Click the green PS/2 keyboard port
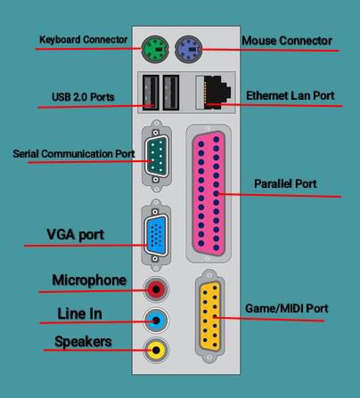tap(155, 49)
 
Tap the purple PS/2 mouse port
tap(188, 49)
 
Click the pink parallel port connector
tap(209, 193)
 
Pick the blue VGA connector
tap(156, 235)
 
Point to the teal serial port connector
tap(156, 156)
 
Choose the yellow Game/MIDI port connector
tap(210, 316)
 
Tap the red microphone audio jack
tap(156, 289)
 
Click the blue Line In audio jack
tap(156, 321)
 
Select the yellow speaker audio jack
tap(156, 350)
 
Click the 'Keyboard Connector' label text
tap(83, 40)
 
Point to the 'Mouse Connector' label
tap(287, 41)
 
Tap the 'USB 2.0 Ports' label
tap(83, 97)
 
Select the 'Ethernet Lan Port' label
tap(290, 95)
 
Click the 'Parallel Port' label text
tap(285, 183)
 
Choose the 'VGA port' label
tap(75, 235)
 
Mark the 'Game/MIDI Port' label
tap(287, 309)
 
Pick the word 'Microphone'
tap(89, 280)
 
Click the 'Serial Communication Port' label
tap(74, 154)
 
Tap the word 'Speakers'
tap(83, 342)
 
